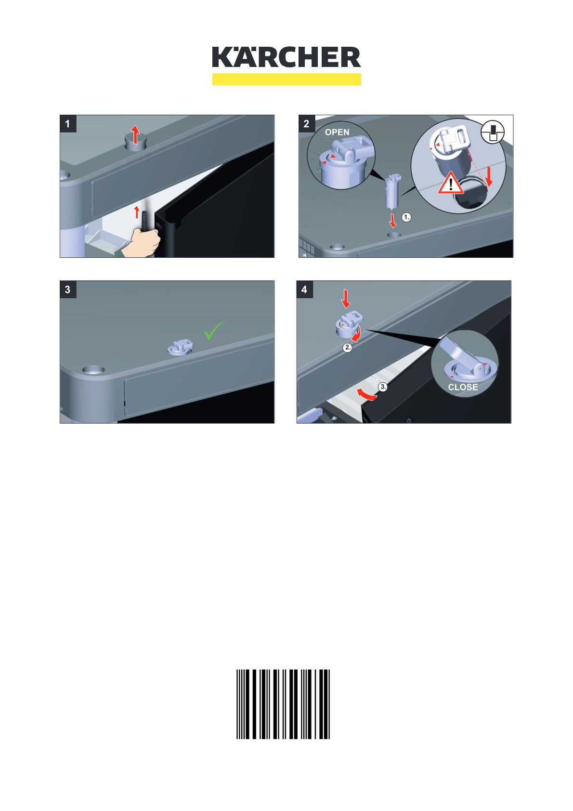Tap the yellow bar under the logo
pos(286,80)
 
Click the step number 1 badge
pos(67,124)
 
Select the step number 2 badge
pos(306,124)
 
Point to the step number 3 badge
pos(67,290)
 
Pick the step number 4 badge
pos(304,290)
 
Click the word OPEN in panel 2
pos(337,132)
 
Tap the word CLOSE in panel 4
pos(463,387)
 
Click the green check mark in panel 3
pos(213,330)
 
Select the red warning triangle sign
pos(451,183)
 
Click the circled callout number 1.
pos(406,217)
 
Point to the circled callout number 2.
pos(347,347)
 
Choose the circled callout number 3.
pos(383,386)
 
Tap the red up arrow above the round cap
pos(135,134)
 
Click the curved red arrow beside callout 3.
pos(367,395)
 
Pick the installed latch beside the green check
pos(180,347)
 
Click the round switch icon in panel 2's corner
pos(492,132)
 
